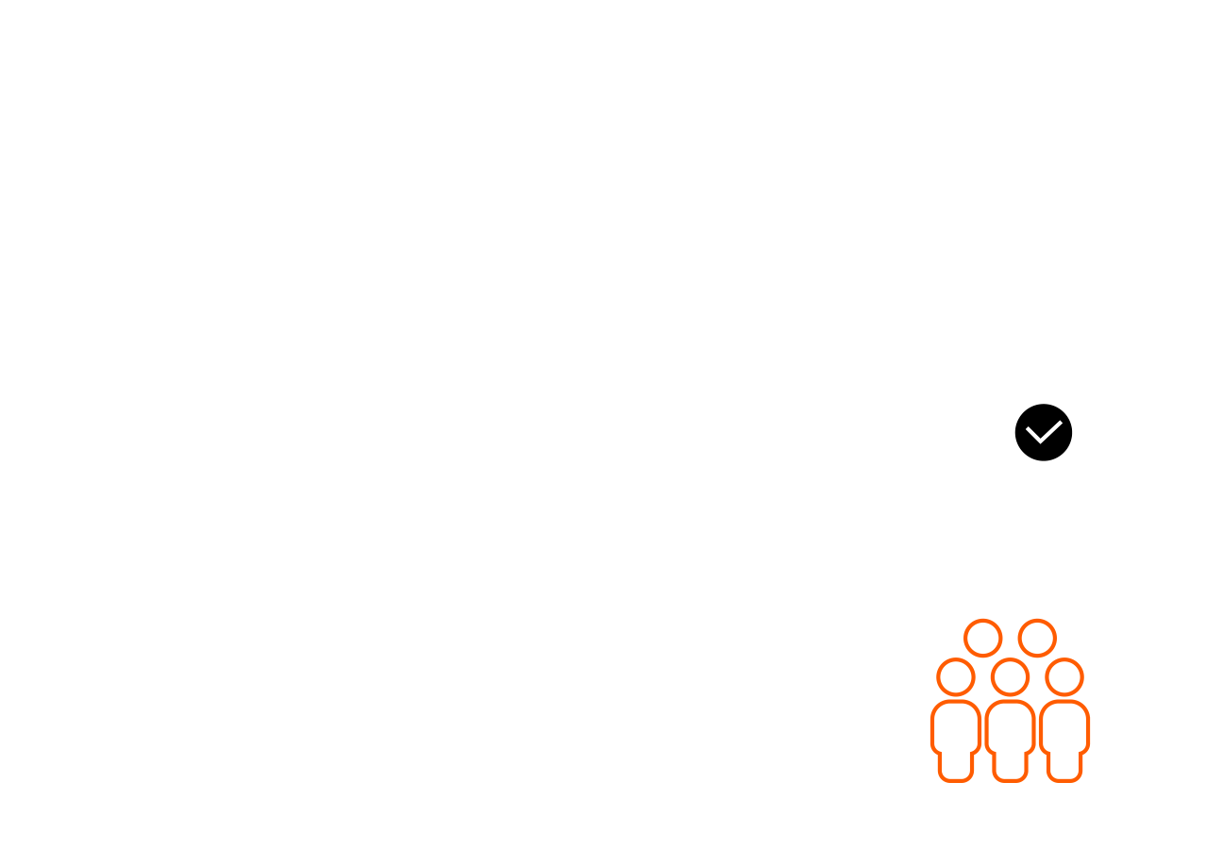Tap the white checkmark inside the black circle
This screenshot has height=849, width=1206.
(x=1043, y=433)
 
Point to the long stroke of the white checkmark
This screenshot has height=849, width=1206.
(x=1051, y=430)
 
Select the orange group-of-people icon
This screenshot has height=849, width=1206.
(x=1010, y=701)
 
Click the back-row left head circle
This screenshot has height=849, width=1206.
(x=982, y=638)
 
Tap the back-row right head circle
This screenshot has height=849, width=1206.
(x=1037, y=638)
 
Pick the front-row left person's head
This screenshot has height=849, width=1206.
(x=955, y=677)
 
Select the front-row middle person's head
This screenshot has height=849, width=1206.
(x=1010, y=677)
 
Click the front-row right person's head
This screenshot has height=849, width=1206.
(x=1064, y=677)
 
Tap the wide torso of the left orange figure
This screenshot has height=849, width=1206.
(x=955, y=726)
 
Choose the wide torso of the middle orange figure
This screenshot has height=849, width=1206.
(x=1010, y=726)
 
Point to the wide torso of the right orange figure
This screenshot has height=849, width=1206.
(x=1064, y=726)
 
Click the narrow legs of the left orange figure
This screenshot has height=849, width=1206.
(x=955, y=766)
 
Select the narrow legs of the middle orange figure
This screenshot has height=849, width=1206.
(x=1010, y=766)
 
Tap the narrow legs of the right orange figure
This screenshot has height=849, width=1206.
(x=1064, y=766)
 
